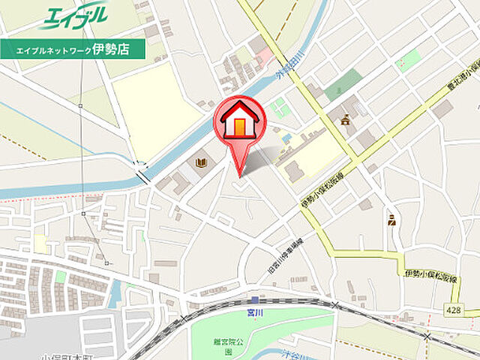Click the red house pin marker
[x=239, y=124]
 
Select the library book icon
[x=202, y=163]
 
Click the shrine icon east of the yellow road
[x=345, y=118]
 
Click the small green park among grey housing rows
[x=60, y=277]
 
